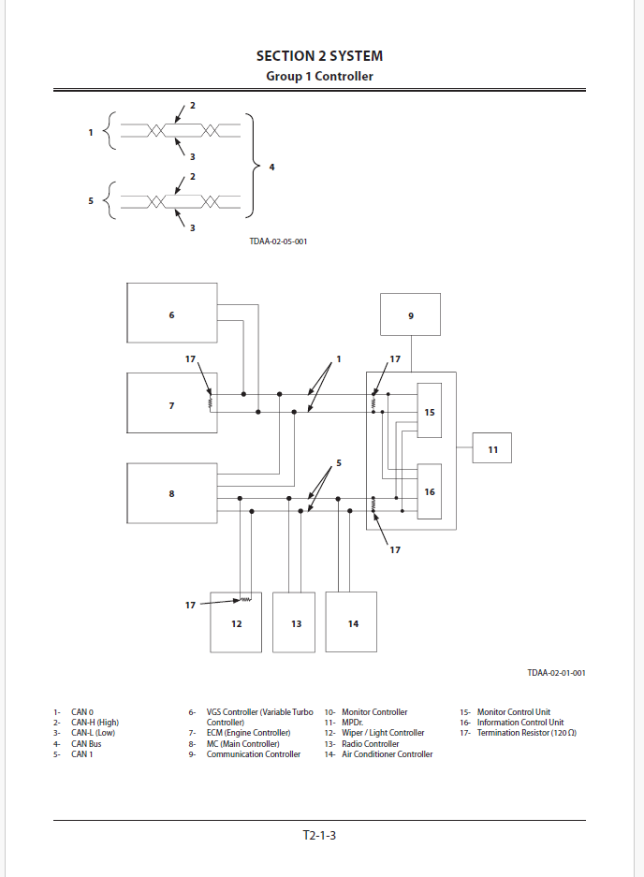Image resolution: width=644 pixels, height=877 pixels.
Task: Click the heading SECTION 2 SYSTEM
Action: [x=319, y=56]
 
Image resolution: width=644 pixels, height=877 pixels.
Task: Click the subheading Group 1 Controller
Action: [x=319, y=76]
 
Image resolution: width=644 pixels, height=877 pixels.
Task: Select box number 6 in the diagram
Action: [x=172, y=314]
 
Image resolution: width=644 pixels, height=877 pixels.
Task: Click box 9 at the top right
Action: [x=410, y=314]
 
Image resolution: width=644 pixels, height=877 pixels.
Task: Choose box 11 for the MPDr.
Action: [x=492, y=449]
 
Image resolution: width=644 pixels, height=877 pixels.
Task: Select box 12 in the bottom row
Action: [x=236, y=622]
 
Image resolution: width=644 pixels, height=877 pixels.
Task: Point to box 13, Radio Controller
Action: [x=296, y=622]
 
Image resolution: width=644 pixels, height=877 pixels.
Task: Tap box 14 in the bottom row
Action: [x=352, y=622]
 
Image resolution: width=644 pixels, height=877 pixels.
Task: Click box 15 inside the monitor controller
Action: [x=430, y=411]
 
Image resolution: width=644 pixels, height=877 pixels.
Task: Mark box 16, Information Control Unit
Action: [x=430, y=490]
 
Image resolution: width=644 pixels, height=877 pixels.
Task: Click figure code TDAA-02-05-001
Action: [x=278, y=241]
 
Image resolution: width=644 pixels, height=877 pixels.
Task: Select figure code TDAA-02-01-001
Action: [x=556, y=672]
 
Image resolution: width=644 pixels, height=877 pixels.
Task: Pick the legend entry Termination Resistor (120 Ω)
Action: [x=526, y=733]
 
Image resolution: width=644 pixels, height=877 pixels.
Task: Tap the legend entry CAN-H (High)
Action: [x=95, y=723]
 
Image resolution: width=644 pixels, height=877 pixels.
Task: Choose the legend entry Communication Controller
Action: [x=254, y=754]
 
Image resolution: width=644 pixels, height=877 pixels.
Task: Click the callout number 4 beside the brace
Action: [x=271, y=167]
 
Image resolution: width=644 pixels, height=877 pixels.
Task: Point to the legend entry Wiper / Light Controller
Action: [x=383, y=733]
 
